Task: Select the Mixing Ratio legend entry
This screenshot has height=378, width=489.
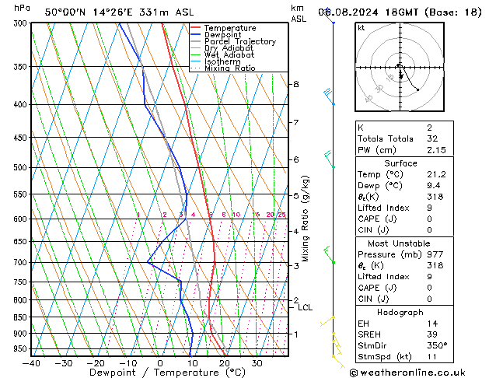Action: (230, 68)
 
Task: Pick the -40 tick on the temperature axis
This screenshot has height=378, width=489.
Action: (31, 363)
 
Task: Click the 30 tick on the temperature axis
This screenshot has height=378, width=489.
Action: (256, 363)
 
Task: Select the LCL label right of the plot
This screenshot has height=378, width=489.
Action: (306, 308)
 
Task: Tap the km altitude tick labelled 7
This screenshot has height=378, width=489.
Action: (295, 123)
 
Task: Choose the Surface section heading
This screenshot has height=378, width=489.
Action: (400, 163)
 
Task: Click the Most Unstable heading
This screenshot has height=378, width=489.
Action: (400, 243)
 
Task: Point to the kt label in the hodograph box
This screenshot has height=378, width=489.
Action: (362, 27)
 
